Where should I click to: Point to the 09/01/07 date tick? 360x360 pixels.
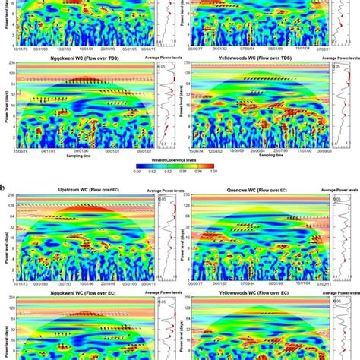tap(143, 150)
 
